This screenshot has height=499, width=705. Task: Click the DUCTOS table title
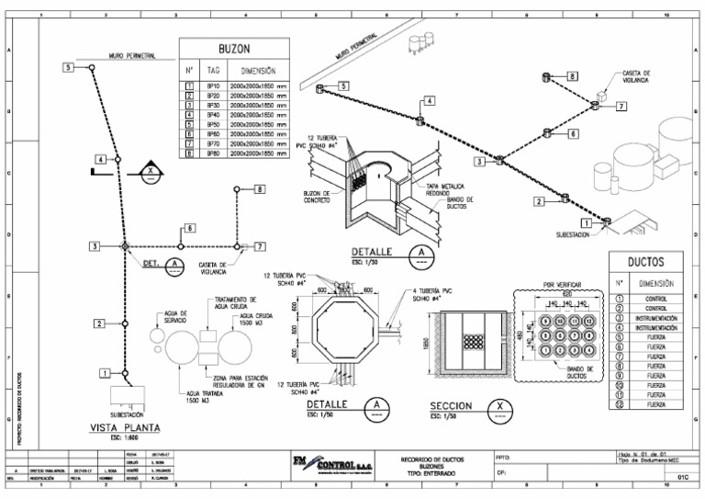click(x=646, y=262)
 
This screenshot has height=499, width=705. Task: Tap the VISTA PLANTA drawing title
click(x=125, y=426)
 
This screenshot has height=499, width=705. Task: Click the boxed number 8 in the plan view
click(x=260, y=189)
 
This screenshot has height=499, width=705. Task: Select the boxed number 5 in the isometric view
click(x=343, y=85)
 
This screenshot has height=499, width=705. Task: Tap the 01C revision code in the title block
click(x=682, y=477)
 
